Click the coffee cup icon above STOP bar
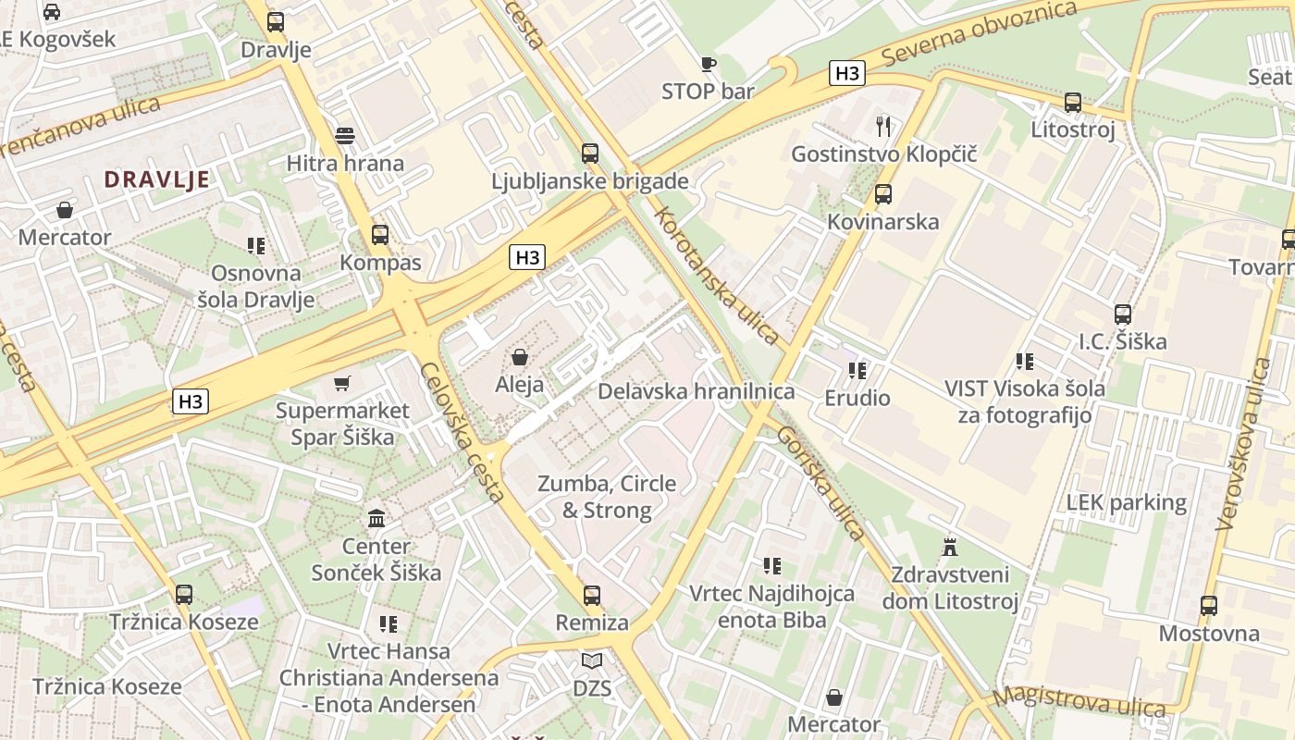[x=708, y=64]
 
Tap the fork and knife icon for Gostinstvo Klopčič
[x=883, y=126]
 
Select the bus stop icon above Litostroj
[x=1073, y=102]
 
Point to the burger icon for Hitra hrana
[x=345, y=136]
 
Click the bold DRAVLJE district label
[x=156, y=179]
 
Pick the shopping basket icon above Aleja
[x=520, y=357]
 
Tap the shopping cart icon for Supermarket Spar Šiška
[x=342, y=383]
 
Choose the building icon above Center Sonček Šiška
[x=376, y=518]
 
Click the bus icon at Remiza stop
[x=592, y=595]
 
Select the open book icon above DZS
[x=592, y=660]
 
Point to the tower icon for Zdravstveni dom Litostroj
[x=949, y=547]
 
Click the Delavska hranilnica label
[x=696, y=391]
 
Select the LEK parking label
[x=1126, y=502]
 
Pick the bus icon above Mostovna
[x=1209, y=606]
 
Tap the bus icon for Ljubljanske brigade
[x=590, y=154]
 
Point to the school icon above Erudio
[x=857, y=371]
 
